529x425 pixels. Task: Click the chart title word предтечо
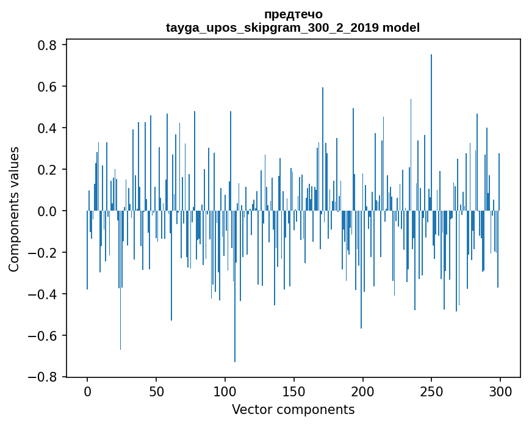pyautogui.click(x=293, y=14)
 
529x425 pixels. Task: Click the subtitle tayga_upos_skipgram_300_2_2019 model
pyautogui.click(x=293, y=27)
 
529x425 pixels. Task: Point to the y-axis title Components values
pyautogui.click(x=14, y=209)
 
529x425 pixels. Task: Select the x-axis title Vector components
pyautogui.click(x=293, y=409)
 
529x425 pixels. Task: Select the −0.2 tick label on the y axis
pyautogui.click(x=43, y=253)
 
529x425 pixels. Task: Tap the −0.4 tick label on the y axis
pyautogui.click(x=43, y=294)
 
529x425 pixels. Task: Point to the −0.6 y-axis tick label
pyautogui.click(x=43, y=336)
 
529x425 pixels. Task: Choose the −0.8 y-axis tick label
pyautogui.click(x=43, y=377)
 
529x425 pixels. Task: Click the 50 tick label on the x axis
pyautogui.click(x=156, y=391)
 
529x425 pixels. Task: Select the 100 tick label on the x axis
pyautogui.click(x=225, y=391)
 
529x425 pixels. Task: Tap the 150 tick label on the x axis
pyautogui.click(x=294, y=391)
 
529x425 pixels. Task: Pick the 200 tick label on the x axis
pyautogui.click(x=363, y=391)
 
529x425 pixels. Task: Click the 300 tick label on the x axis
pyautogui.click(x=500, y=391)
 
